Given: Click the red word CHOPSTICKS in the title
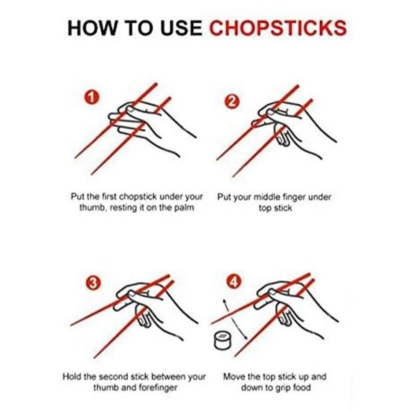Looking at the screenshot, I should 277,29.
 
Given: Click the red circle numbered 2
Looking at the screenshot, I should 232,102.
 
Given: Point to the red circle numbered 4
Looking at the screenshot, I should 234,281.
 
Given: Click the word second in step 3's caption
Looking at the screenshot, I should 125,377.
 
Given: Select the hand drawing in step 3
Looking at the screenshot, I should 154,301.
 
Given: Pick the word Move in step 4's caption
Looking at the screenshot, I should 235,377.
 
